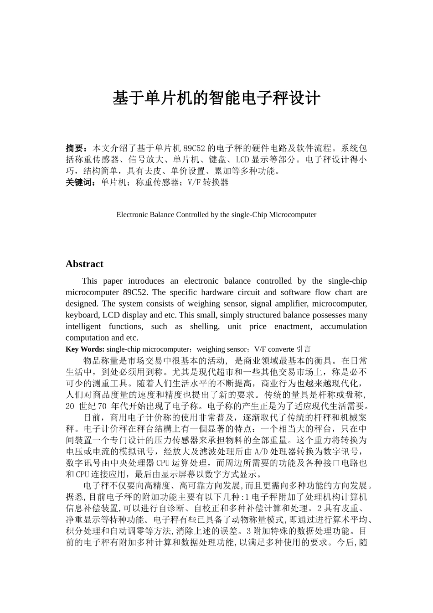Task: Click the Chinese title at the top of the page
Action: click(216, 99)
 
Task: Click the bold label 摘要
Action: click(76, 148)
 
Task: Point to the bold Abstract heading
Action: click(84, 264)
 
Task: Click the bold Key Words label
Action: click(85, 349)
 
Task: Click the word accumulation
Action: click(343, 327)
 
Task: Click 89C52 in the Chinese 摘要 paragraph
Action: click(195, 148)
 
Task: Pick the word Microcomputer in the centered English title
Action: click(293, 214)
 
